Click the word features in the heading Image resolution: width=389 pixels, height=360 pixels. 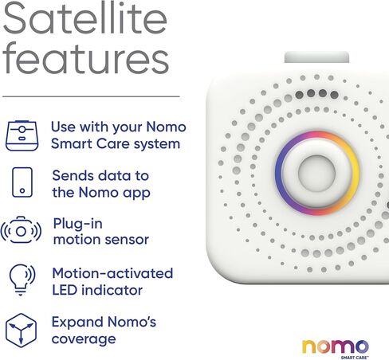[x=85, y=57]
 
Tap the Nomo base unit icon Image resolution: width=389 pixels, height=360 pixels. [x=22, y=135]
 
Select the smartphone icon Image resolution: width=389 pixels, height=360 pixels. [x=22, y=182]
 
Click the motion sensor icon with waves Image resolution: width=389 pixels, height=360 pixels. [x=21, y=230]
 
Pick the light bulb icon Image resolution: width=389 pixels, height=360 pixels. [x=22, y=280]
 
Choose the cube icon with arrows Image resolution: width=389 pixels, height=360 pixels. [x=21, y=331]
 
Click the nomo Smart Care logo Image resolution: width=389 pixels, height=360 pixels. [x=336, y=349]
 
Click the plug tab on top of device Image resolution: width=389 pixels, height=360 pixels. [x=316, y=57]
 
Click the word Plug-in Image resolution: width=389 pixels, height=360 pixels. [x=78, y=224]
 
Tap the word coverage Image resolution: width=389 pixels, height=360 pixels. [x=84, y=339]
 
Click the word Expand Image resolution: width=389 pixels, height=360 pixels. [x=77, y=323]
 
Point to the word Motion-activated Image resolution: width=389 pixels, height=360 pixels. [x=112, y=273]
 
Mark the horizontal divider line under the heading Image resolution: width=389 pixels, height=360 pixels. [x=91, y=96]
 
